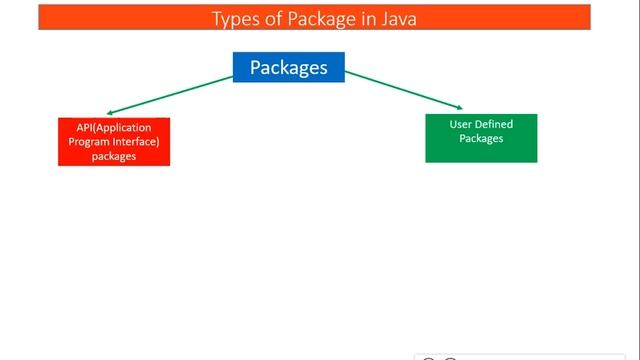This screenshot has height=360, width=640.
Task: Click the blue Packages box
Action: coord(288,67)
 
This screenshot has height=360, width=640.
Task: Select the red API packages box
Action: coord(113,142)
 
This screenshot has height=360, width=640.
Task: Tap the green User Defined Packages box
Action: coord(481,138)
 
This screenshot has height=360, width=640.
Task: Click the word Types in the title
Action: coord(235,17)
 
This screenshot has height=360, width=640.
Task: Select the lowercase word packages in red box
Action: coord(113,156)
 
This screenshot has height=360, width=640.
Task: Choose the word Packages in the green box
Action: coord(481,138)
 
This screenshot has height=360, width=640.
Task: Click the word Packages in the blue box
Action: coord(288,67)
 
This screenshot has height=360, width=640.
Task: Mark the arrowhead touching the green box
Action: coord(460,106)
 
